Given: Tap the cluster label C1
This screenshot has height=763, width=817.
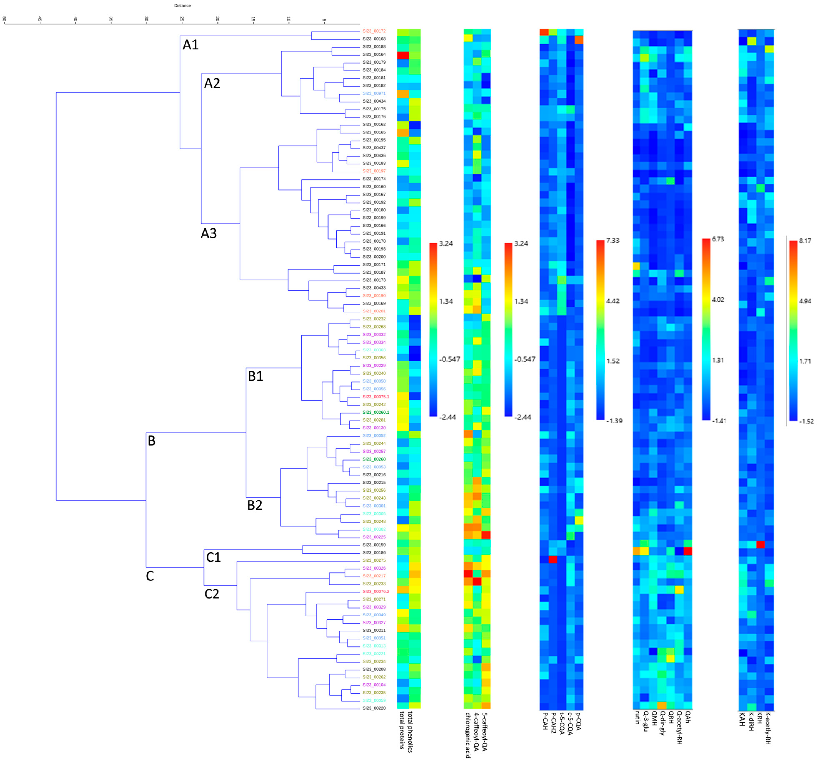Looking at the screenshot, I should point(213,557).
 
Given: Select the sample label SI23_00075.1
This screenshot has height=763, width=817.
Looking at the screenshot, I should point(376,397).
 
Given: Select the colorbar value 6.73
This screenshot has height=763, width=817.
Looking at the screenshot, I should point(718,239).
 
